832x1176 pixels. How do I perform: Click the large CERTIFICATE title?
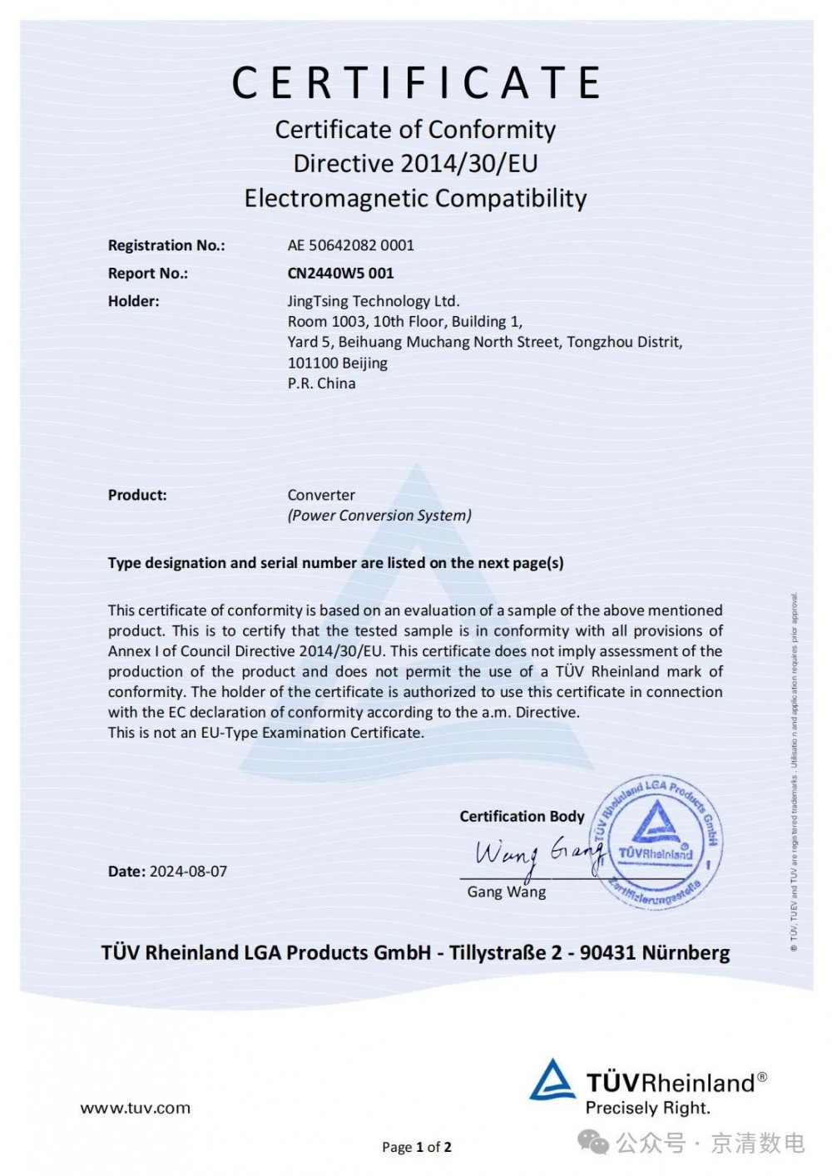(x=416, y=82)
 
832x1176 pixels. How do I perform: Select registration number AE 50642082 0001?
(x=350, y=245)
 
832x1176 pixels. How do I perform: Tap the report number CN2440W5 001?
(x=340, y=273)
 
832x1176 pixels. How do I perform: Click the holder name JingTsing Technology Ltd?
(x=373, y=301)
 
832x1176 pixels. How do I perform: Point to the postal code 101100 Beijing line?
(x=337, y=363)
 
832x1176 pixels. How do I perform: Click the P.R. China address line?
(x=321, y=383)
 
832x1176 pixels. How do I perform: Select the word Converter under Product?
(x=321, y=495)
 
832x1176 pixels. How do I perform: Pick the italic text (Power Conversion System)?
(x=379, y=516)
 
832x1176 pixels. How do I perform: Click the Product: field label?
(x=137, y=495)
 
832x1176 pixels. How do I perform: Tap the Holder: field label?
(x=133, y=301)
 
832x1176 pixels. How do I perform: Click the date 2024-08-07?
(x=188, y=872)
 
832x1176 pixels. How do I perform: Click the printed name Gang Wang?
(x=507, y=892)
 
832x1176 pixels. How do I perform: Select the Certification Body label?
(x=522, y=817)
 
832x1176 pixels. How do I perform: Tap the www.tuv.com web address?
(x=135, y=1108)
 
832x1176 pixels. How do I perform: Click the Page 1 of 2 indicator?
(x=416, y=1148)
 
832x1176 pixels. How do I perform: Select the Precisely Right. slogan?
(x=647, y=1108)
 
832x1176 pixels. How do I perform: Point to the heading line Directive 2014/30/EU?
(x=415, y=163)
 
